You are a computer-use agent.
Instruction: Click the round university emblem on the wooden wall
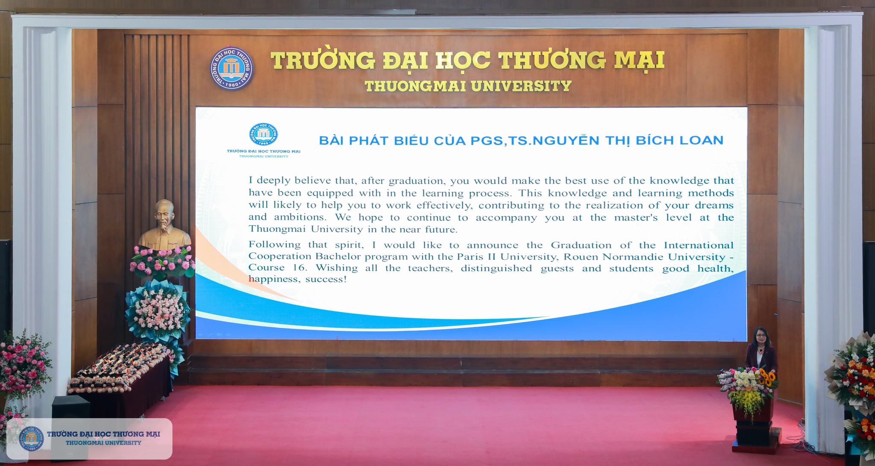pos(232,68)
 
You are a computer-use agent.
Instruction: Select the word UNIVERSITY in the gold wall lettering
pos(521,86)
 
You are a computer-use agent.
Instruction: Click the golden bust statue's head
pos(164,214)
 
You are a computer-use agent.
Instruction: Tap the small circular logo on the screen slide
pos(264,135)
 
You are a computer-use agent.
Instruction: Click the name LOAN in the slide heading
pos(701,140)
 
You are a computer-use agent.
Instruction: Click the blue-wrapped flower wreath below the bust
pos(158,311)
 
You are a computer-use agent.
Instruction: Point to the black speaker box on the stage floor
pos(71,407)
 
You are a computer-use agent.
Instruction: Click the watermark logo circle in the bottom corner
pos(31,439)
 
